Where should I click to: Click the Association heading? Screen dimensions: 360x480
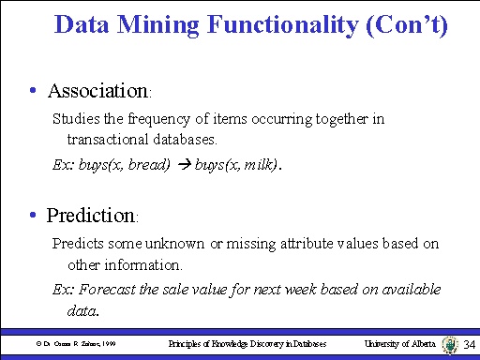97,92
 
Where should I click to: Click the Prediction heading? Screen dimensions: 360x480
91,216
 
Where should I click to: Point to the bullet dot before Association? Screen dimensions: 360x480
33,92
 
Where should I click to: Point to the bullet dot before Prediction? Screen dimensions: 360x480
33,216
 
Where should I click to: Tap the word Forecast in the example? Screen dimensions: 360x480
100,289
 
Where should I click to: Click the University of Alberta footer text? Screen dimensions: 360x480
398,345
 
